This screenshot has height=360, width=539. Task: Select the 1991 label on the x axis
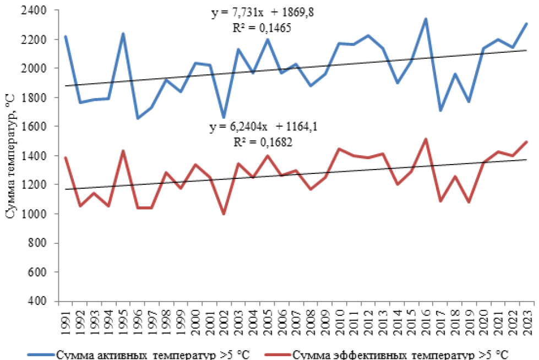[66, 319]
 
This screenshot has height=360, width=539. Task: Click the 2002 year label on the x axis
[224, 319]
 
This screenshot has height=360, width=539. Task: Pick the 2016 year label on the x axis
[424, 319]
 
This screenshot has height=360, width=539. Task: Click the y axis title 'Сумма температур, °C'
[10, 156]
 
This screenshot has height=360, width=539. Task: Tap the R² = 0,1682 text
[263, 141]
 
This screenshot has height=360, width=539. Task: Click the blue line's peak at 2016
[424, 19]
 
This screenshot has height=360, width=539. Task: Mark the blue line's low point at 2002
[224, 117]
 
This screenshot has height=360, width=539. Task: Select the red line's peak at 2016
[424, 139]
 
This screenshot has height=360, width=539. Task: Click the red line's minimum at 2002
[224, 214]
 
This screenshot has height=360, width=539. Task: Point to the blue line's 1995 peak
[123, 34]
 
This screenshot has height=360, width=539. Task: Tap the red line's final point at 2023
[526, 142]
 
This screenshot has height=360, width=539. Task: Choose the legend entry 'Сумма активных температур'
[133, 354]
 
